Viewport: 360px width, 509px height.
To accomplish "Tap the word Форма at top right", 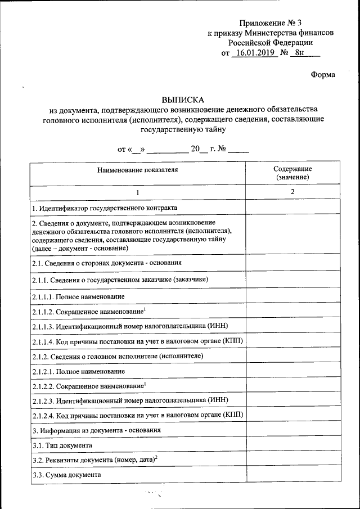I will point(323,75).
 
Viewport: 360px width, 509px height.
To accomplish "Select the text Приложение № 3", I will point(270,23).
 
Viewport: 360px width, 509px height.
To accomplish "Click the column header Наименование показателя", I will point(137,169).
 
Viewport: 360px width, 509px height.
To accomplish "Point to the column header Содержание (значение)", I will point(292,173).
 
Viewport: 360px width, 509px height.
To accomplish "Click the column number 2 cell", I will point(292,192).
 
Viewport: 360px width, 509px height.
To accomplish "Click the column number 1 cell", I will point(137,193).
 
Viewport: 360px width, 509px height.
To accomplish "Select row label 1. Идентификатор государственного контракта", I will point(104,208).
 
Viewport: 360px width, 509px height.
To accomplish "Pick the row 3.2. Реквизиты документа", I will point(94,460).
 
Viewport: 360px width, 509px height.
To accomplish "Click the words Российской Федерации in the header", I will point(270,42).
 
